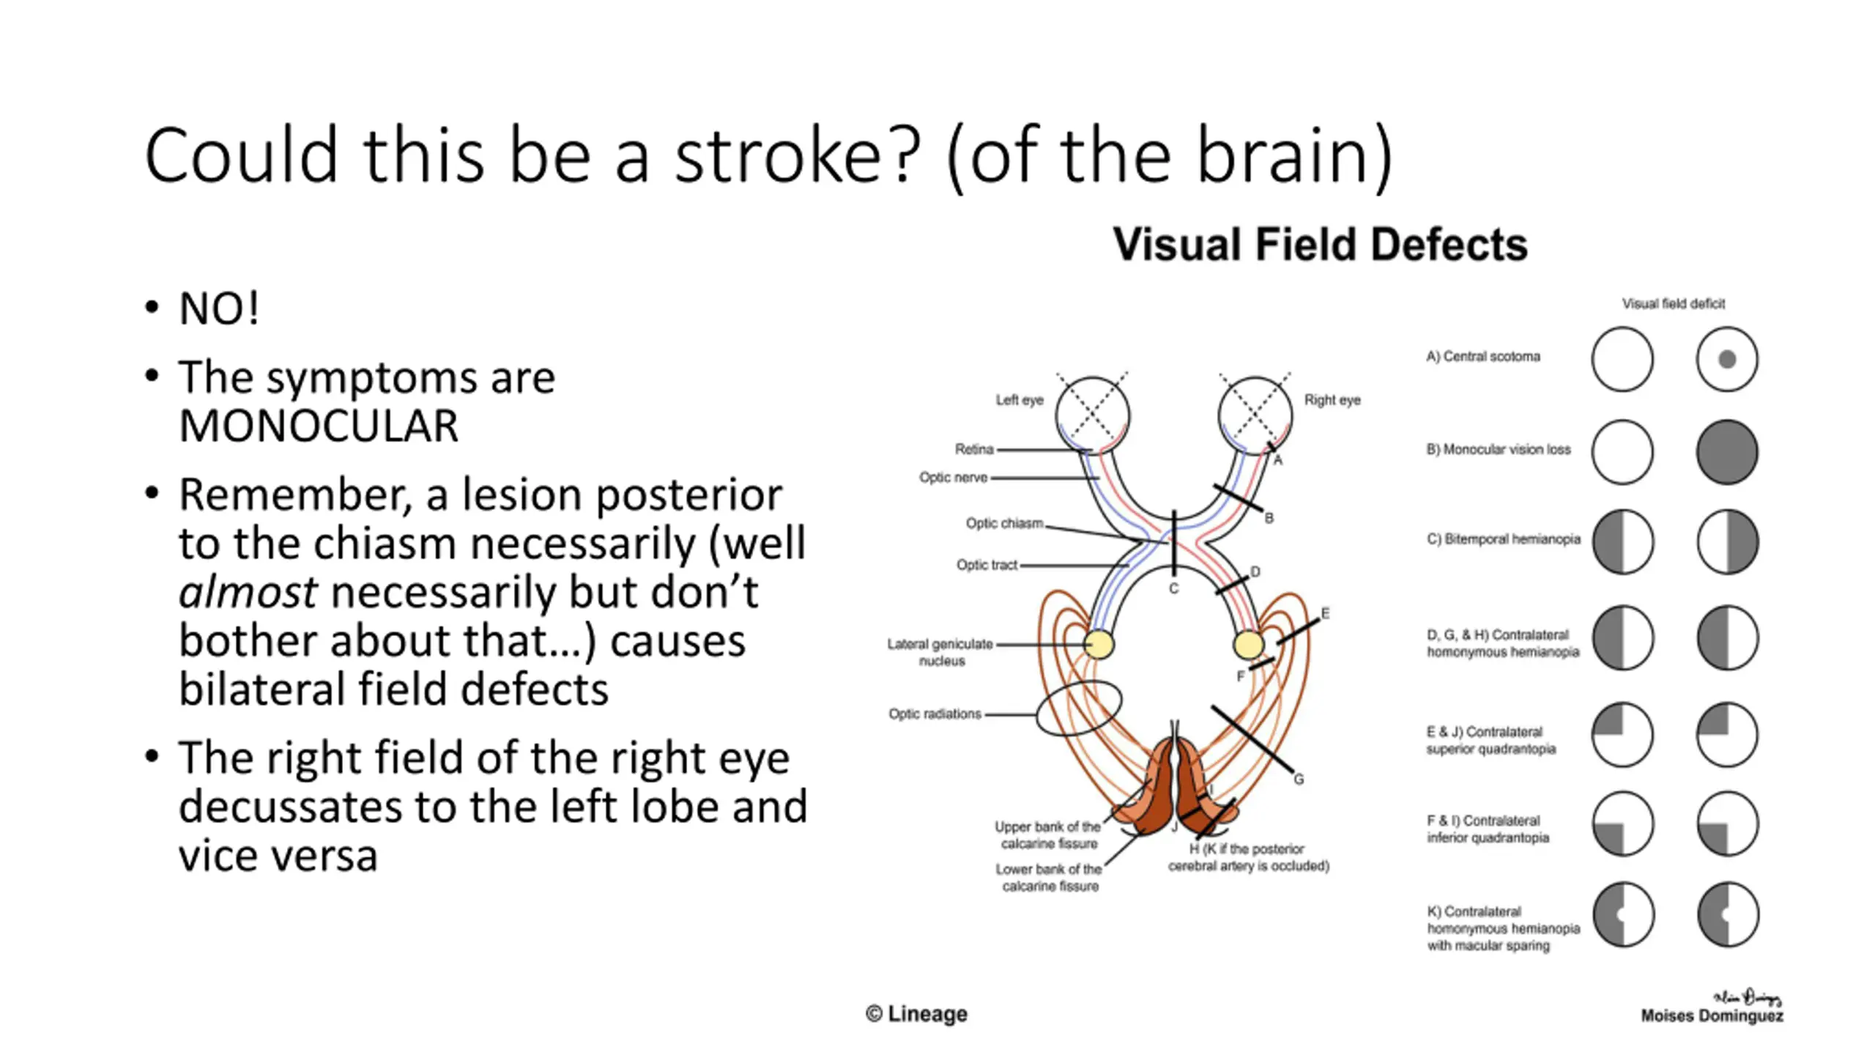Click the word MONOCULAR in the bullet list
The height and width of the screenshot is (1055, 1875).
[x=319, y=426]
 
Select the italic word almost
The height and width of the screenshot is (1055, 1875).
[x=248, y=592]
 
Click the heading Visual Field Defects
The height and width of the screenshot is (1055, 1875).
[x=1320, y=245]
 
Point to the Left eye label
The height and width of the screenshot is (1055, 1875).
[x=1019, y=400]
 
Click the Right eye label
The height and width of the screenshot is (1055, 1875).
[x=1332, y=400]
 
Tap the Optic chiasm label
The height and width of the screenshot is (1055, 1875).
[x=1004, y=523]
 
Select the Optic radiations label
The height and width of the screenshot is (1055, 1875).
[x=935, y=714]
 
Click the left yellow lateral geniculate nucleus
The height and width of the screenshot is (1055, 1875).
[x=1099, y=645]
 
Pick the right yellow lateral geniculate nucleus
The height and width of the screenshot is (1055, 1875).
[x=1248, y=645]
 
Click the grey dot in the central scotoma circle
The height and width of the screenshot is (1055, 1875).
[x=1727, y=360]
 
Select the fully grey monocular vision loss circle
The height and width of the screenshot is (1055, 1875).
[x=1727, y=452]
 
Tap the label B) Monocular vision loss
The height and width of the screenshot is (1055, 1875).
[x=1498, y=450]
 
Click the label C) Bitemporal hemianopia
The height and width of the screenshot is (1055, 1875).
[x=1503, y=539]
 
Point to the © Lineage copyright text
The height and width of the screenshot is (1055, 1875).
[x=916, y=1014]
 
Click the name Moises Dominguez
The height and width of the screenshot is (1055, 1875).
[x=1712, y=1015]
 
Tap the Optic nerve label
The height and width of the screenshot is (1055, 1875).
[x=953, y=478]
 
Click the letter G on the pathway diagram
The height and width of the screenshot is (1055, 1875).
[x=1299, y=779]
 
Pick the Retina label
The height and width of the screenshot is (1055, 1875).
[x=973, y=449]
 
